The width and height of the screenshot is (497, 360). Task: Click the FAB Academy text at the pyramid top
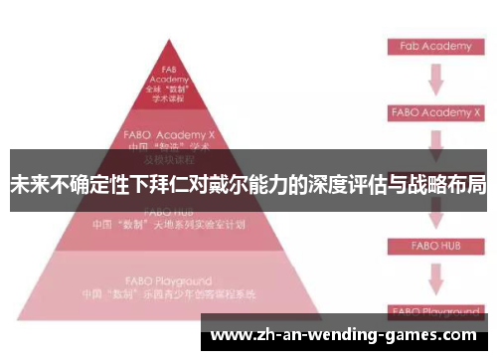point(168,76)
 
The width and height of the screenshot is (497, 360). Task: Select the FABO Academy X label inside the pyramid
point(168,131)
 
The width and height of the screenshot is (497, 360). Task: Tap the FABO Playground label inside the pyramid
point(168,281)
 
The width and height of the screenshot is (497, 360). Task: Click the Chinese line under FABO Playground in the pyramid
point(168,294)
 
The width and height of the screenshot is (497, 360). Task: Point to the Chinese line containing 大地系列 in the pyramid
point(168,225)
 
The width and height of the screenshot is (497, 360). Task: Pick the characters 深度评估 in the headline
point(348,184)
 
